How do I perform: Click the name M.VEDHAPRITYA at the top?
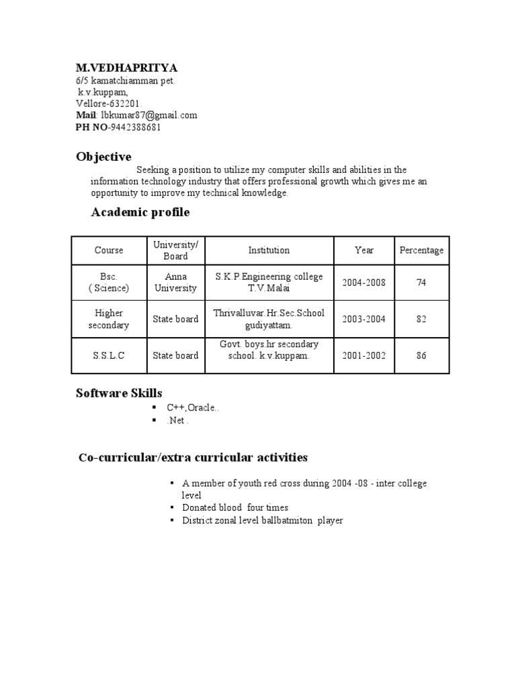pos(126,68)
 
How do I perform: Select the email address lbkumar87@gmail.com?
pos(149,115)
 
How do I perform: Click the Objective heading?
pos(103,157)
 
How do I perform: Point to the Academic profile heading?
pos(140,213)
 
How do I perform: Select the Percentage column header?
pos(421,250)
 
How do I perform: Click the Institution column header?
pos(269,250)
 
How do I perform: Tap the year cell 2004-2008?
pos(363,283)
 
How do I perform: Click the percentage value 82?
pos(421,319)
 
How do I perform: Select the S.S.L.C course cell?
pos(109,355)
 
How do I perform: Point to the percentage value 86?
pos(421,355)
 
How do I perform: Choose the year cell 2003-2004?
pos(363,319)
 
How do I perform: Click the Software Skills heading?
pos(119,393)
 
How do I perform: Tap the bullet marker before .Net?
pos(154,420)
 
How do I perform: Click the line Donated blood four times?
pos(235,507)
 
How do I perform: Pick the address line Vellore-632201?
pos(109,103)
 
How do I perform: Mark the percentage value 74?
pos(421,283)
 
